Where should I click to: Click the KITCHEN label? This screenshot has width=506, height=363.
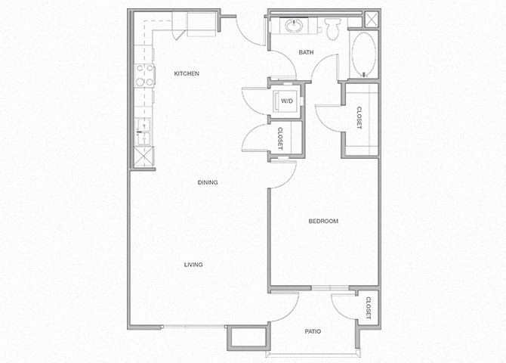[x=187, y=73]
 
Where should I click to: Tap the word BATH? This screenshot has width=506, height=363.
[x=307, y=52]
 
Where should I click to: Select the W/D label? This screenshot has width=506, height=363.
[x=287, y=100]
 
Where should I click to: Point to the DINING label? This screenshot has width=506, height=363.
[x=208, y=182]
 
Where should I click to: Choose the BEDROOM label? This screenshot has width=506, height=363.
[x=322, y=221]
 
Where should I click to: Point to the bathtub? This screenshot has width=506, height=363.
[x=364, y=54]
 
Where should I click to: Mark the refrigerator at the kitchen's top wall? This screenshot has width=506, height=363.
[x=200, y=24]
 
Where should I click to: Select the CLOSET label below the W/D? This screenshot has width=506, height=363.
[x=280, y=138]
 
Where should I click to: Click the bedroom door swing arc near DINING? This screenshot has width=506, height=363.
[x=282, y=174]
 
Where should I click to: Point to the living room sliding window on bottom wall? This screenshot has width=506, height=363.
[x=193, y=326]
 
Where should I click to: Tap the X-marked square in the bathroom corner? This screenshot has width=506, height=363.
[x=372, y=20]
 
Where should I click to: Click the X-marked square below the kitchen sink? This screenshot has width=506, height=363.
[x=142, y=157]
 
